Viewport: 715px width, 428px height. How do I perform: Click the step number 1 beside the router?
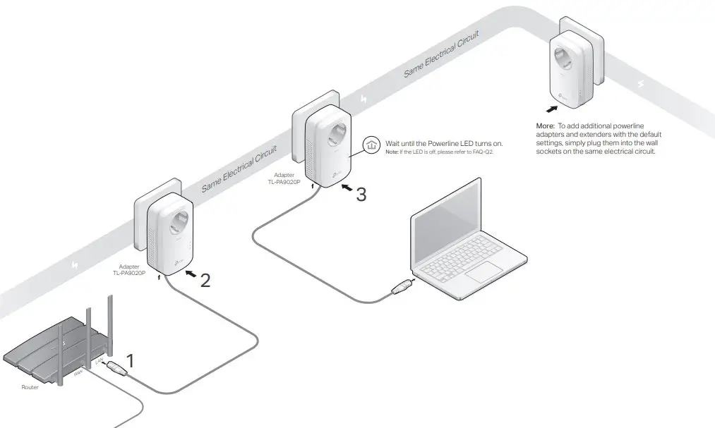coord(129,361)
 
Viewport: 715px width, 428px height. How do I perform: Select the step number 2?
coord(205,281)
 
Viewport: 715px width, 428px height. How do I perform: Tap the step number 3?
coord(361,194)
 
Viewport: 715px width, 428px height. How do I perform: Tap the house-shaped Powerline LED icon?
coord(371,145)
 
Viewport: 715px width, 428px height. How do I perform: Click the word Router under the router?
coord(30,387)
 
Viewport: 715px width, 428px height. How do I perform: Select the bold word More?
coord(546,126)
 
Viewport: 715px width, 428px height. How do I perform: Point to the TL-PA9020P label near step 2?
coord(129,273)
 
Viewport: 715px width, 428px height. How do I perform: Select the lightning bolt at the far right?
coord(641,85)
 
